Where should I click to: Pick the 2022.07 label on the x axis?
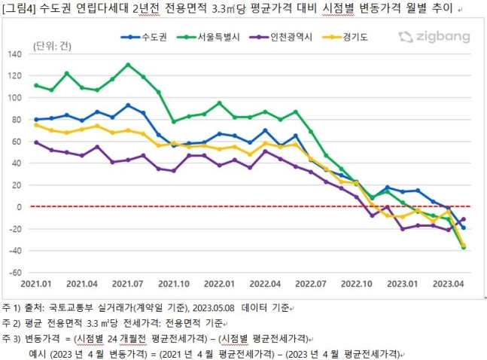310,285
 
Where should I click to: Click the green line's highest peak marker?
128,65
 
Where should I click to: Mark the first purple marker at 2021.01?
36,142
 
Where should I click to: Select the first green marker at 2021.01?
36,85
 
